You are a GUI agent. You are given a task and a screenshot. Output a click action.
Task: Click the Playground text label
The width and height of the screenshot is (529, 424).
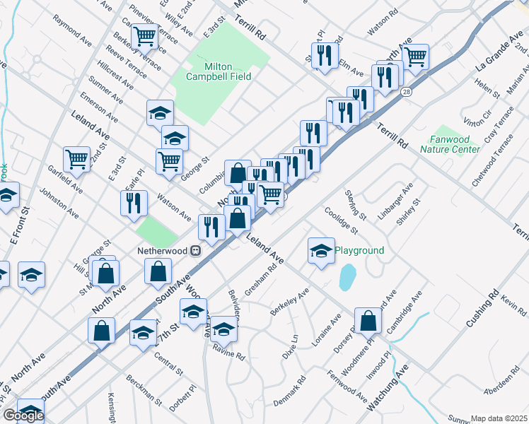tap(359, 250)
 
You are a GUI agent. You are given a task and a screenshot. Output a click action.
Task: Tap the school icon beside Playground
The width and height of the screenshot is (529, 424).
tap(321, 251)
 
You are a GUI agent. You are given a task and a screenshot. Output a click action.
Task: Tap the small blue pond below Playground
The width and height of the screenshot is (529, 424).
tap(347, 277)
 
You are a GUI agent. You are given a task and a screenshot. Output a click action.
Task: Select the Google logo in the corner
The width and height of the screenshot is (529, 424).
tap(23, 416)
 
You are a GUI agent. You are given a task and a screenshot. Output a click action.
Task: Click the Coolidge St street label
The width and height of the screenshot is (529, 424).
tap(341, 219)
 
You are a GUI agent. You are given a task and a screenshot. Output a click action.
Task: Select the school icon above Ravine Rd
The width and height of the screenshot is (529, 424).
tap(224, 328)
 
